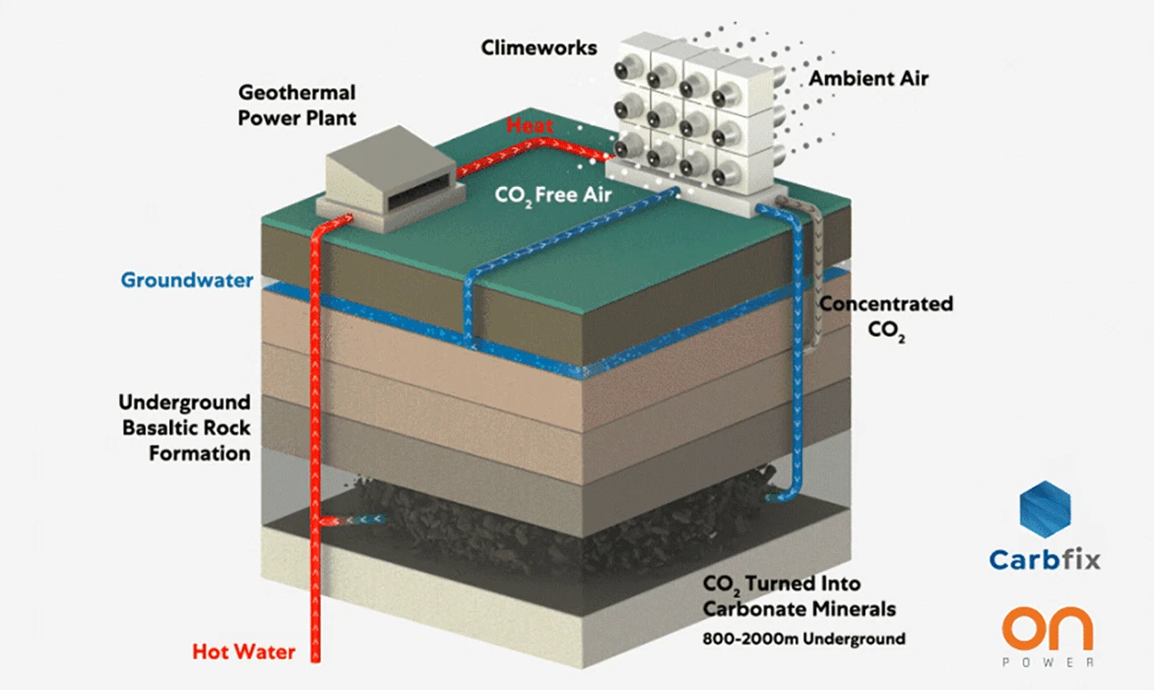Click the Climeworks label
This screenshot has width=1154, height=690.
[539, 46]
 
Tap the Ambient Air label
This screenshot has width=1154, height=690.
[869, 78]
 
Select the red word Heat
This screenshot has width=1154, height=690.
[530, 125]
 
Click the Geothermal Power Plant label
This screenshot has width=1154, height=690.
[296, 104]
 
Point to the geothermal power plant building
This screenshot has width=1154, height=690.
[387, 182]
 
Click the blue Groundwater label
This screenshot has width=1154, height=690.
[186, 280]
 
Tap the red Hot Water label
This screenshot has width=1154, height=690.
[244, 651]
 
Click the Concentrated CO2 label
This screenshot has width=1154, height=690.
[885, 316]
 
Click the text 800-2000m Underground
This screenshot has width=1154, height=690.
[803, 638]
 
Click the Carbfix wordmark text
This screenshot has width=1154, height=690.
[1044, 558]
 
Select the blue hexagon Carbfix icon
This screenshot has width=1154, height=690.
[1045, 509]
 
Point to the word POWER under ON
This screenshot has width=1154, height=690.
[1047, 663]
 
